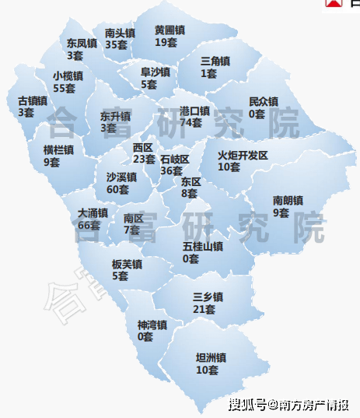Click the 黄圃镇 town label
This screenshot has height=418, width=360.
point(170,30)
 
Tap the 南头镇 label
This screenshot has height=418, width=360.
point(120,33)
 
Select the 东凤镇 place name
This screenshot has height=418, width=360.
point(81,44)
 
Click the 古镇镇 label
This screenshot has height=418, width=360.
point(32,100)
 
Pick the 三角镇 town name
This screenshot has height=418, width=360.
point(215,61)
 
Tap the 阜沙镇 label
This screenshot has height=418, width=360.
point(155,73)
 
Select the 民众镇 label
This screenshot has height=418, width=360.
point(263,102)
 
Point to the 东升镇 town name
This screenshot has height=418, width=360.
point(114,116)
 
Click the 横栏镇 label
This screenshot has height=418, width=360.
point(58,150)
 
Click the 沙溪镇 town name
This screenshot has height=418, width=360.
point(121,177)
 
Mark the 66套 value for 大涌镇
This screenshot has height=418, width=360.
point(89,225)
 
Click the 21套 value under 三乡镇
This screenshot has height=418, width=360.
point(204,309)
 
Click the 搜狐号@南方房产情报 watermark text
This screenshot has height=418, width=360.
point(288,404)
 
